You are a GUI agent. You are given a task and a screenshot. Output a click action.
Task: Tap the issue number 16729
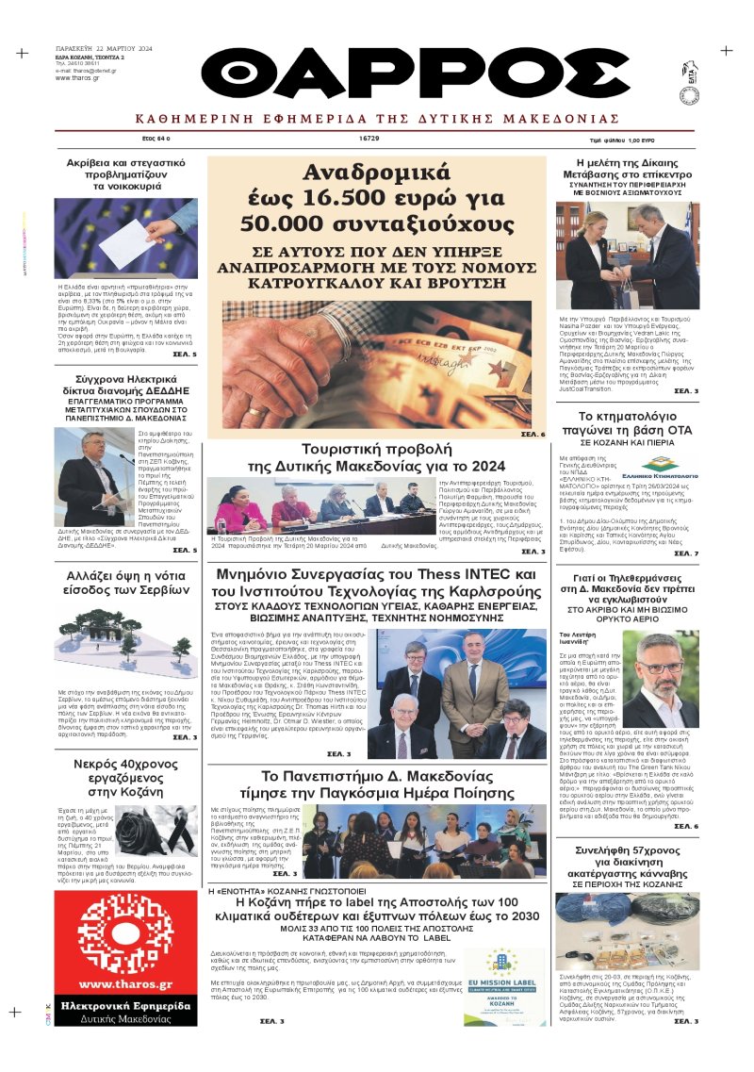(369, 139)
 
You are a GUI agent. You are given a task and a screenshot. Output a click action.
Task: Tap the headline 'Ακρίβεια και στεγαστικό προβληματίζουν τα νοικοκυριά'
(125, 174)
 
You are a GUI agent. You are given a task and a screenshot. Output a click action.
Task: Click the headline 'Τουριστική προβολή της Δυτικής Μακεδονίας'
(376, 457)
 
